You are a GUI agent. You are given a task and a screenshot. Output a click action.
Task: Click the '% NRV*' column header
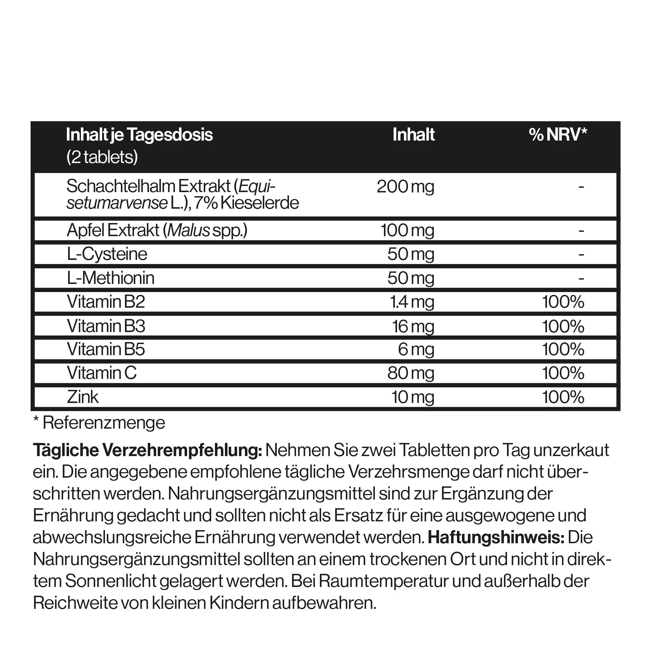(x=558, y=134)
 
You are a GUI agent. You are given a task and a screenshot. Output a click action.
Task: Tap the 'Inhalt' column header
(x=414, y=134)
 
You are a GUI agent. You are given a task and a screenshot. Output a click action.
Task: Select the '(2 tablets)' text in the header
(x=102, y=157)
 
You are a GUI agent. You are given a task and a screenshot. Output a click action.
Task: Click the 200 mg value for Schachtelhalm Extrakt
(x=405, y=186)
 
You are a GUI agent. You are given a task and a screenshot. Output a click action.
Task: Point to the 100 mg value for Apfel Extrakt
(x=407, y=231)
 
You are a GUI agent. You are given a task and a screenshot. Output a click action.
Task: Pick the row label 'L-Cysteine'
(x=107, y=254)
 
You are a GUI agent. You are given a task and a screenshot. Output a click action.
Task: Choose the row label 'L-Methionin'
(x=111, y=278)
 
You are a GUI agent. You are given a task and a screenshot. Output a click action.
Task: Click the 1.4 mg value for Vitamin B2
(x=412, y=301)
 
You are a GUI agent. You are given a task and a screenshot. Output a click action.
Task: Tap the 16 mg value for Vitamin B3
(x=413, y=326)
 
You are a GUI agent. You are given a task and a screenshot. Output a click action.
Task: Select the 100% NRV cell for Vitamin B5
(x=563, y=349)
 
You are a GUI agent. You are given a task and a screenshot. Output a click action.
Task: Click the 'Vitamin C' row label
(x=102, y=373)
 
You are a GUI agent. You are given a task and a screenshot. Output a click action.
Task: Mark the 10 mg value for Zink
(x=412, y=397)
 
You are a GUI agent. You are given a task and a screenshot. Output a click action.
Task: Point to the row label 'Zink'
(x=82, y=397)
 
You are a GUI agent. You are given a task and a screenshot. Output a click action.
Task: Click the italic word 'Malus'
(x=189, y=231)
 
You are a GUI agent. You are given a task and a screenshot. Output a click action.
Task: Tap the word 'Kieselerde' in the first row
(x=260, y=203)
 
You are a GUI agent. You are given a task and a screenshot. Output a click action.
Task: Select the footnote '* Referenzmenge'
(x=99, y=423)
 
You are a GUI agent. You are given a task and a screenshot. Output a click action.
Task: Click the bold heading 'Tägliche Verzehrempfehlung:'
(x=147, y=450)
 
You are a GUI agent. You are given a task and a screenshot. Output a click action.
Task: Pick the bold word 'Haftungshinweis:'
(x=496, y=537)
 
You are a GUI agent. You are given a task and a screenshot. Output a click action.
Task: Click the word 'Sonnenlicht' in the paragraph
(x=111, y=581)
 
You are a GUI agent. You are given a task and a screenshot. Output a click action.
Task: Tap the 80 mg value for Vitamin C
(x=410, y=373)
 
